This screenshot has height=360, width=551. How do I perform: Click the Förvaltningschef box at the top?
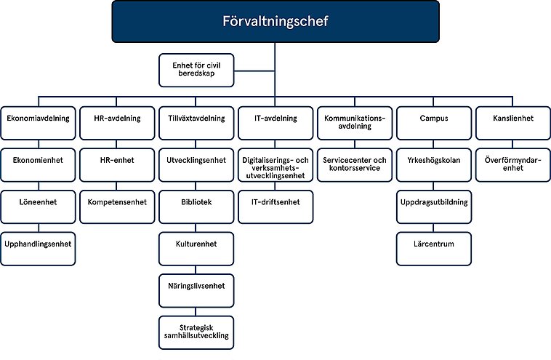tap(275, 21)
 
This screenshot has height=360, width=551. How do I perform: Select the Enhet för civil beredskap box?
tap(196, 69)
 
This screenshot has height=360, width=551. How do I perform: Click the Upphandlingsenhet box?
tap(38, 245)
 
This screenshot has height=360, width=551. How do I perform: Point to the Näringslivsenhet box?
tap(196, 286)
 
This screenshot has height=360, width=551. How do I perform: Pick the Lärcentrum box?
tap(434, 245)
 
